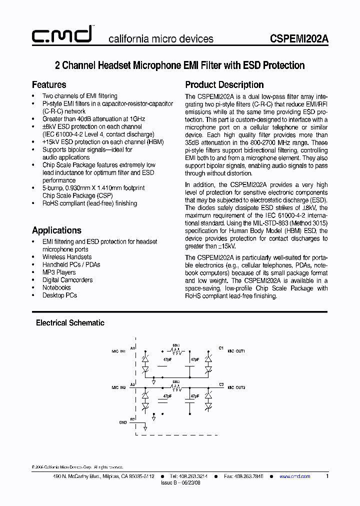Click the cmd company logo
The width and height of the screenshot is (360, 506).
[x=61, y=35]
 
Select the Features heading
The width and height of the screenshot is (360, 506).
[x=49, y=84]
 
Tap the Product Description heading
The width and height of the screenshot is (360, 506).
[x=224, y=84]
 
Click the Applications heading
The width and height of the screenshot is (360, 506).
[x=56, y=230]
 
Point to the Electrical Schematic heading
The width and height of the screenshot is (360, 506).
[x=70, y=323]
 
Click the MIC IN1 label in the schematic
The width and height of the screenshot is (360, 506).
[x=118, y=351]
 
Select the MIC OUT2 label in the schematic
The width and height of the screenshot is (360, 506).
[x=236, y=387]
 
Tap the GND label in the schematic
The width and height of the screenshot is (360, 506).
[x=122, y=422]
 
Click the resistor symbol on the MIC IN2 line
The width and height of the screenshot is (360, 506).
[x=175, y=387]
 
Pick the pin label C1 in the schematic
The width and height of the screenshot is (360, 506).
[x=221, y=347]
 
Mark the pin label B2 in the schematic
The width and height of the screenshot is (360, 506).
[x=132, y=418]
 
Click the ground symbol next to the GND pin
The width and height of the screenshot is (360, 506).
[x=145, y=427]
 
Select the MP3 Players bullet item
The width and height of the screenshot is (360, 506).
[x=59, y=272]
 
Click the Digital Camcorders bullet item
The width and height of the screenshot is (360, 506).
[x=67, y=280]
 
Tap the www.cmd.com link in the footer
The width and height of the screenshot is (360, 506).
[x=294, y=476]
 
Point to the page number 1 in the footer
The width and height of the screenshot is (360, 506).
[x=327, y=476]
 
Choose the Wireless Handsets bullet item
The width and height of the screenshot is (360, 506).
[x=67, y=257]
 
